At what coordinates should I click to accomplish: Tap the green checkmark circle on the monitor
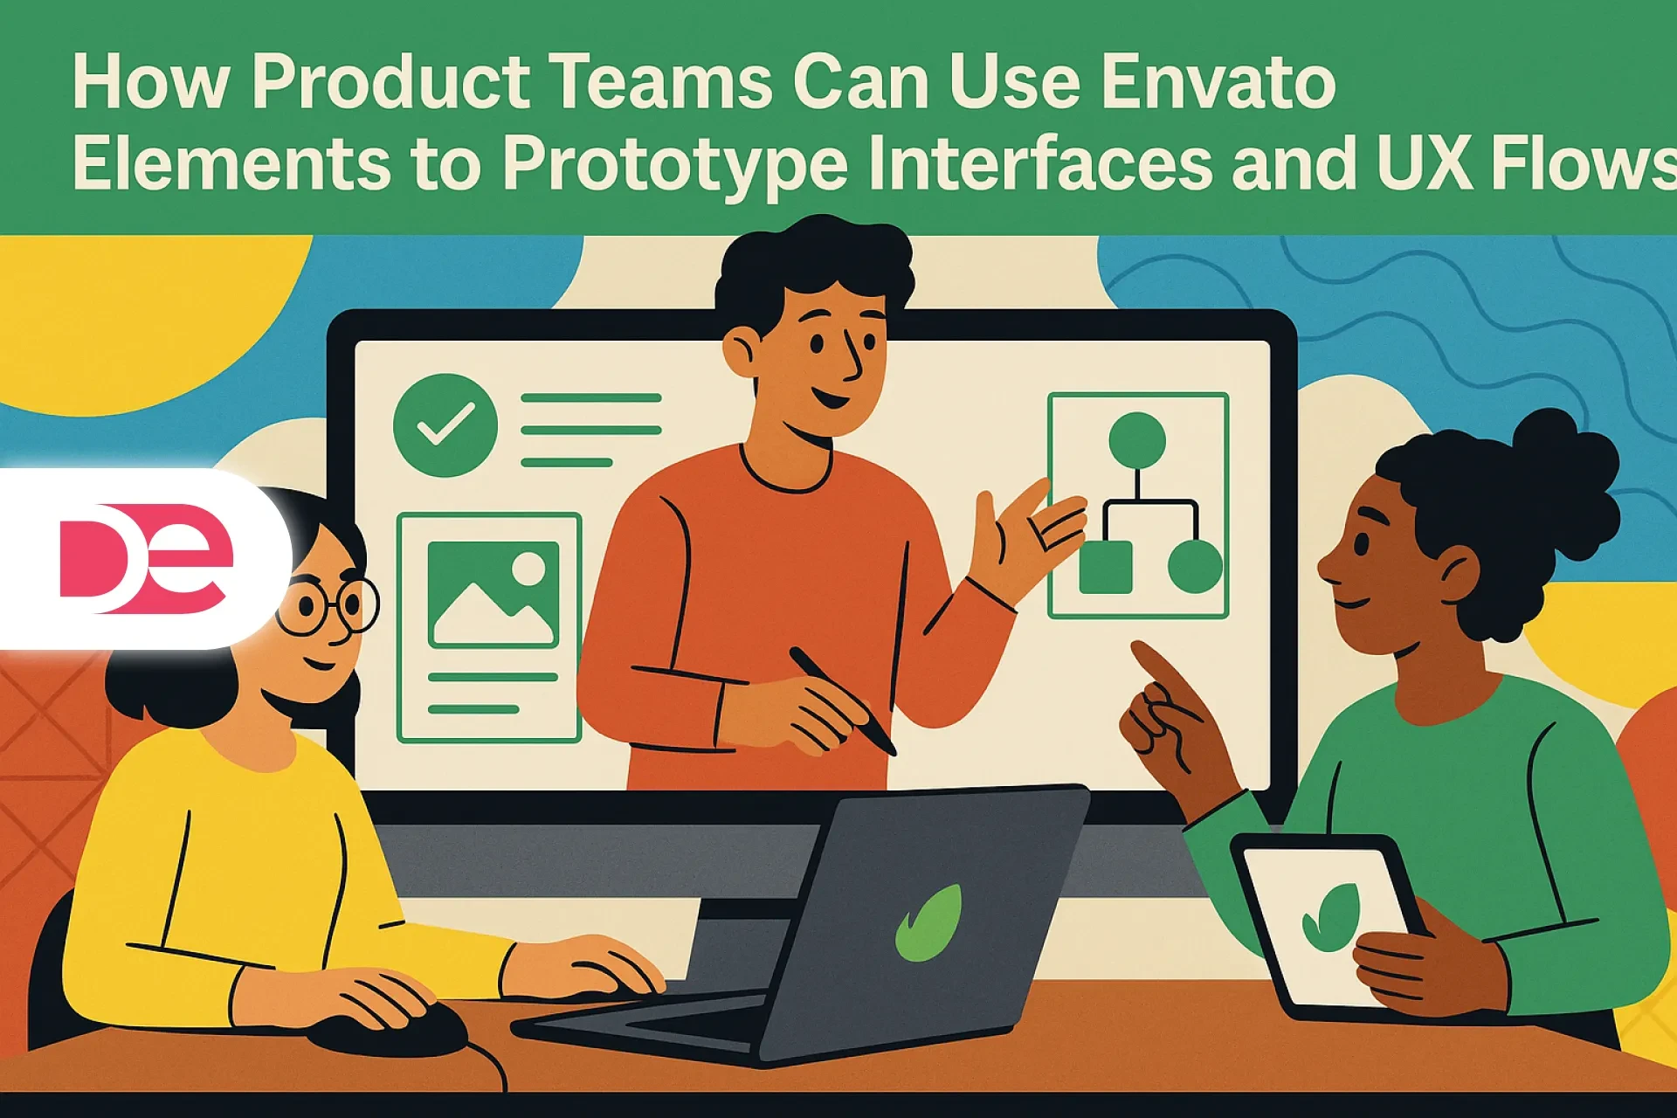coord(445,425)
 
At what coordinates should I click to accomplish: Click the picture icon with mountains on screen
coord(493,594)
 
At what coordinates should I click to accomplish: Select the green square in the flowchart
coord(1106,567)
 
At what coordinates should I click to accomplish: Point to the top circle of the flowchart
coord(1136,439)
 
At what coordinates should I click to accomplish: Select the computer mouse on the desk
coord(389,1031)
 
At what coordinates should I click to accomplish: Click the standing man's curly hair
coord(812,262)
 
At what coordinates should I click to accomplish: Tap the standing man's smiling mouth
coord(830,400)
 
